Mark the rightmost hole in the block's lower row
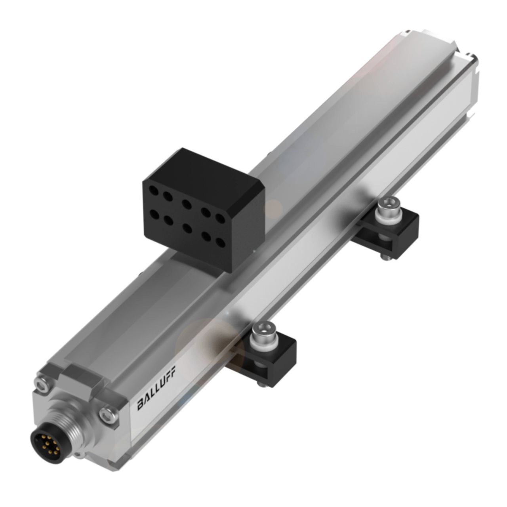click(220, 241)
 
